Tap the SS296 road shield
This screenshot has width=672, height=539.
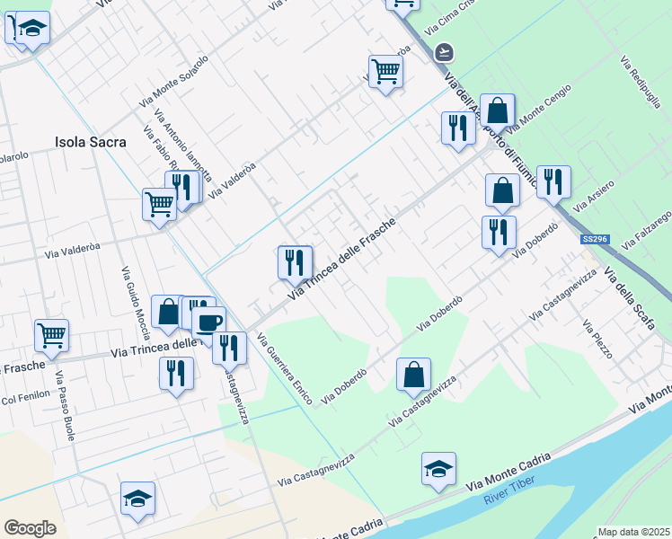point(594,239)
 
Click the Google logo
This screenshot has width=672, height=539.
point(30,527)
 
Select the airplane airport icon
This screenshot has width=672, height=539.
point(442,52)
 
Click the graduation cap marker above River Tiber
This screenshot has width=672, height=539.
point(438,469)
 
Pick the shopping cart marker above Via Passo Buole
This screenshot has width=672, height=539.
point(52,336)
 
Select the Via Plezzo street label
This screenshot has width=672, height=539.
point(597,340)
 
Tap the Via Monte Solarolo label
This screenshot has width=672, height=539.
point(173,83)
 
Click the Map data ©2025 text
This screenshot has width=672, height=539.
point(633,532)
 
